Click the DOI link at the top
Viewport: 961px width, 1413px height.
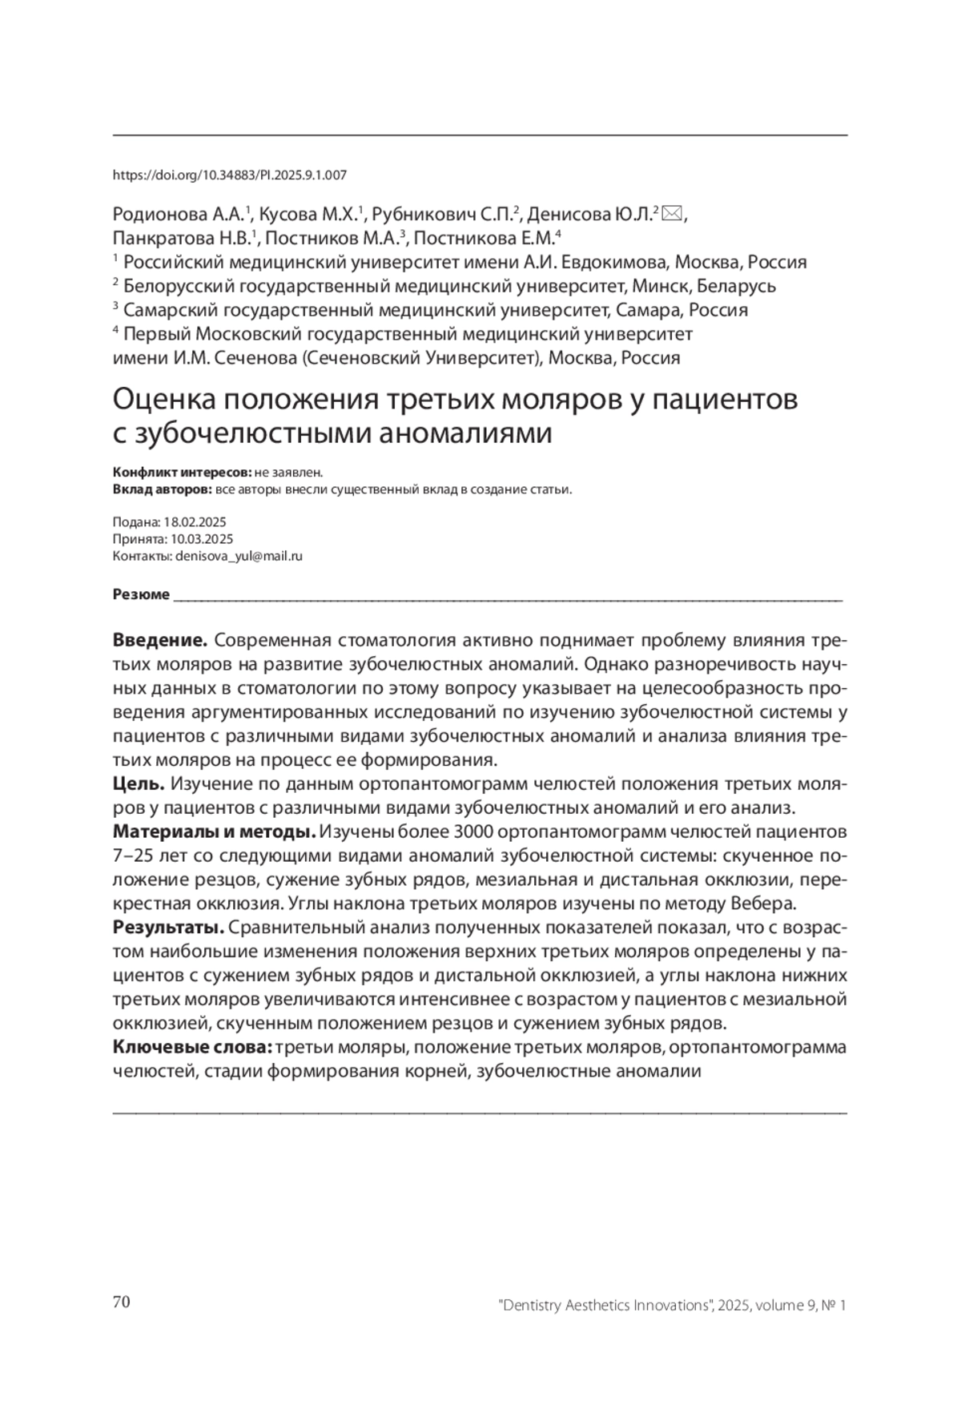click(230, 175)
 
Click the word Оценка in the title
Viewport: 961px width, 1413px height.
click(163, 399)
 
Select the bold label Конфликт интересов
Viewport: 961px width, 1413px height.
click(182, 473)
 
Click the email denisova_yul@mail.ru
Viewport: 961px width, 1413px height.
click(239, 556)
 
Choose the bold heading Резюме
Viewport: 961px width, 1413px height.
click(141, 594)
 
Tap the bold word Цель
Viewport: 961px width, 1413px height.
click(139, 783)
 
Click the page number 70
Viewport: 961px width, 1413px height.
click(122, 1302)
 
